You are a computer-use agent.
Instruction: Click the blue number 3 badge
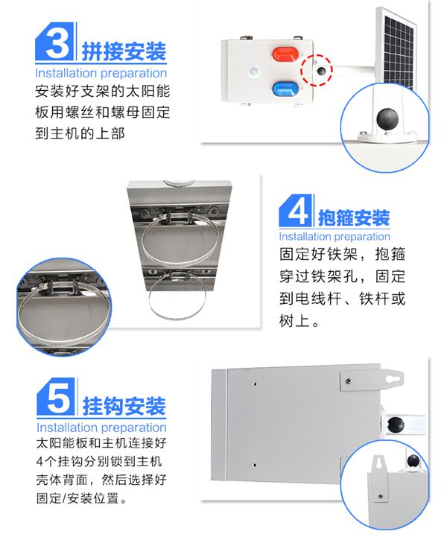[x=54, y=42]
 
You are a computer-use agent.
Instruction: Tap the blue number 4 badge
[x=296, y=210]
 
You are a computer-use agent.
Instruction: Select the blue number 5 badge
[x=55, y=396]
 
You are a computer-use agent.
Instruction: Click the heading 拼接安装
[x=124, y=52]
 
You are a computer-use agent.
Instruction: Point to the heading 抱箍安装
[x=354, y=217]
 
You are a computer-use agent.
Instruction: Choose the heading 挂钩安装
[x=124, y=406]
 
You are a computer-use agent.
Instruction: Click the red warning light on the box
[x=286, y=54]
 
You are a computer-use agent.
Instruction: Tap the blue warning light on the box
[x=285, y=89]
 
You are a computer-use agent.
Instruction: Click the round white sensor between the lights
[x=254, y=72]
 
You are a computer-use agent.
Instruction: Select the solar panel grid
[x=399, y=51]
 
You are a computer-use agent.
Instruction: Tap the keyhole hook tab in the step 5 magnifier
[x=379, y=477]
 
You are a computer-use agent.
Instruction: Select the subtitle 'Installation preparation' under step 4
[x=335, y=236]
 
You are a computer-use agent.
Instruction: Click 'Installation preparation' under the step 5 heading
[x=101, y=427]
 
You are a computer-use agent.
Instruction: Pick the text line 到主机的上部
[x=80, y=133]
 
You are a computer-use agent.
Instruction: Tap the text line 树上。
[x=299, y=321]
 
